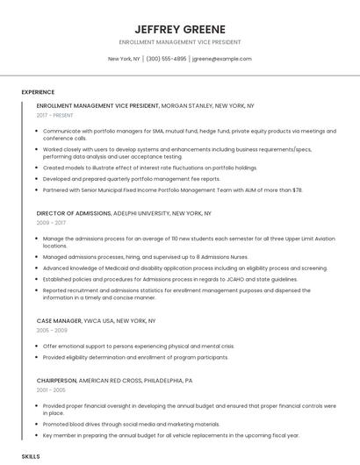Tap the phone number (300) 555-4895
(167, 59)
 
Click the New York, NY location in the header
(124, 59)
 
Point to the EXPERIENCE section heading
(38, 92)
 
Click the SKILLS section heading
(31, 456)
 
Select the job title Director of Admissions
(74, 213)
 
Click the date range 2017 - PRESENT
(55, 116)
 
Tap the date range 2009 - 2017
(51, 224)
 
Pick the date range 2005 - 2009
(51, 332)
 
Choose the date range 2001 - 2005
(51, 390)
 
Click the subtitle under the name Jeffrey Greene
(180, 41)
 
